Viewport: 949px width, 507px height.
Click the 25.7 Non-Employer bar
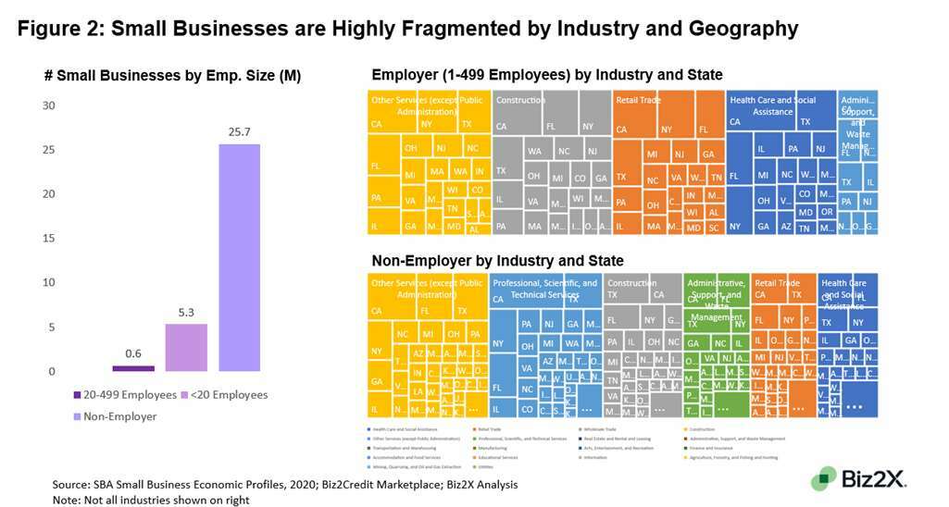click(x=239, y=257)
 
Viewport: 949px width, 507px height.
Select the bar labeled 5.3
click(x=186, y=347)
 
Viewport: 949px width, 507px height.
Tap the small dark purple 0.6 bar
click(x=133, y=368)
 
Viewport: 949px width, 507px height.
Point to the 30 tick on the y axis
click(x=48, y=105)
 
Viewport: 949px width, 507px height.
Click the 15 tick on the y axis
click(x=48, y=239)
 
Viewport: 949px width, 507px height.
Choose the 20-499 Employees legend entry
click(x=125, y=395)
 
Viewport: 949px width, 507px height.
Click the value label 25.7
click(x=239, y=131)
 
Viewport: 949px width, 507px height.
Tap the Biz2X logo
click(x=859, y=478)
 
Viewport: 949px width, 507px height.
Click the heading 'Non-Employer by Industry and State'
click(x=497, y=261)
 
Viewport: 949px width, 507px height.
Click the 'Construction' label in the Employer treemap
click(x=520, y=100)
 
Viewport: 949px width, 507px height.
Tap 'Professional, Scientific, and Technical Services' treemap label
click(x=544, y=289)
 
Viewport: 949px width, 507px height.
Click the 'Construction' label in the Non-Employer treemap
click(x=631, y=283)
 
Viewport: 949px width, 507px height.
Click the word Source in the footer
click(x=69, y=483)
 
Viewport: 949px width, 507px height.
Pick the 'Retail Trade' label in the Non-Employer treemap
click(x=777, y=283)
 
